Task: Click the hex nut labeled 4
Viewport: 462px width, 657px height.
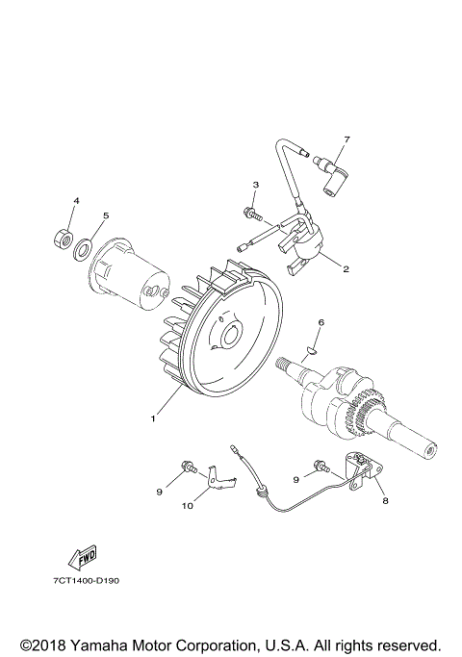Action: pyautogui.click(x=63, y=240)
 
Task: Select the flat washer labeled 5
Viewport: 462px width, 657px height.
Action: pyautogui.click(x=84, y=248)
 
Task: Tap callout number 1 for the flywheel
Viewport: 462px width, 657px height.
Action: pyautogui.click(x=153, y=418)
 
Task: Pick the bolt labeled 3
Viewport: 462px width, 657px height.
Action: pyautogui.click(x=251, y=215)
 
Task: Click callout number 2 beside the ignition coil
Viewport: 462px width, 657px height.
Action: pyautogui.click(x=346, y=269)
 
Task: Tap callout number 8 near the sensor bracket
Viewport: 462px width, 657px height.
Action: pyautogui.click(x=385, y=500)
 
